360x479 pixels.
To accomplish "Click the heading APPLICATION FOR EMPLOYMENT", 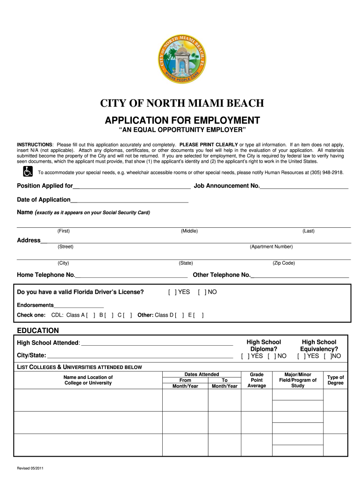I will [183, 120].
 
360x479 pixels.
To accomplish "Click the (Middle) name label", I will [189, 231].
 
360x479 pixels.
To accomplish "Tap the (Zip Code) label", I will [283, 263].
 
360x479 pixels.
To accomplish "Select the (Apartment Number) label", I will [271, 247].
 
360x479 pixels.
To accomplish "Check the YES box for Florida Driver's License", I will [173, 292].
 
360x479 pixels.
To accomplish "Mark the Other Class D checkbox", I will [180, 315].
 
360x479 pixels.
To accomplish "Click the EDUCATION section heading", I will [38, 330].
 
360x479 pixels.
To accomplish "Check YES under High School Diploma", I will [245, 356].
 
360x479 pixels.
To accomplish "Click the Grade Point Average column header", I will [257, 380].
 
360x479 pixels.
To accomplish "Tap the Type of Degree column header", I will [335, 380].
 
